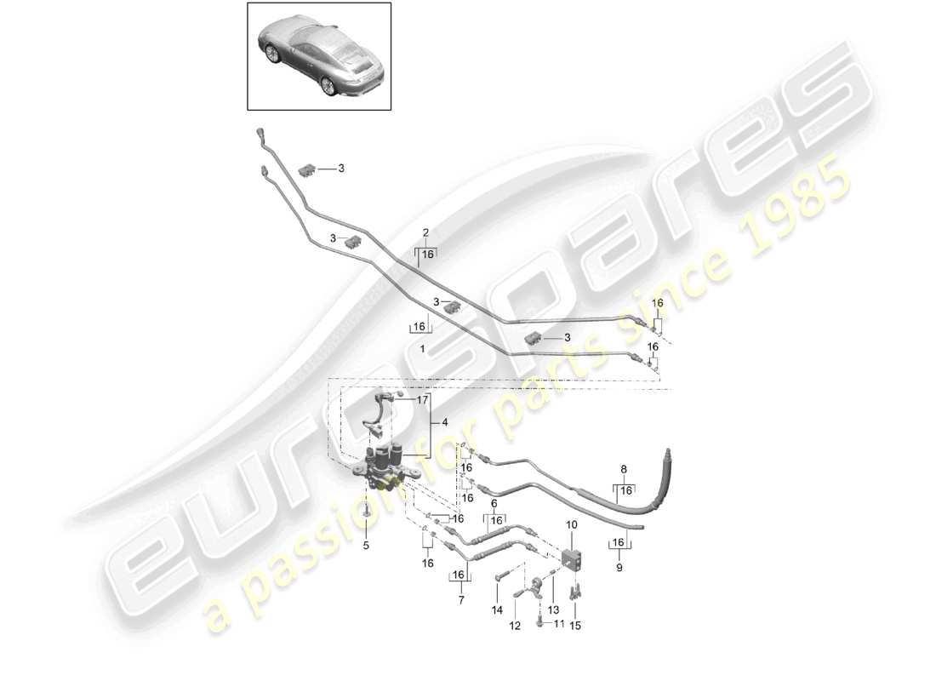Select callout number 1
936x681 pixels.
point(423,350)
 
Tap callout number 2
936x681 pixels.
point(425,232)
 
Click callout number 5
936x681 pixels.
point(367,547)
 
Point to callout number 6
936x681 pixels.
point(494,504)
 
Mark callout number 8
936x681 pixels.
point(624,469)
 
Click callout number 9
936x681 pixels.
point(619,567)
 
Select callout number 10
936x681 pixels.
point(571,524)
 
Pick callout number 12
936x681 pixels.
point(515,626)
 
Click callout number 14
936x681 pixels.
point(497,609)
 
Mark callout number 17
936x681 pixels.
point(422,399)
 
